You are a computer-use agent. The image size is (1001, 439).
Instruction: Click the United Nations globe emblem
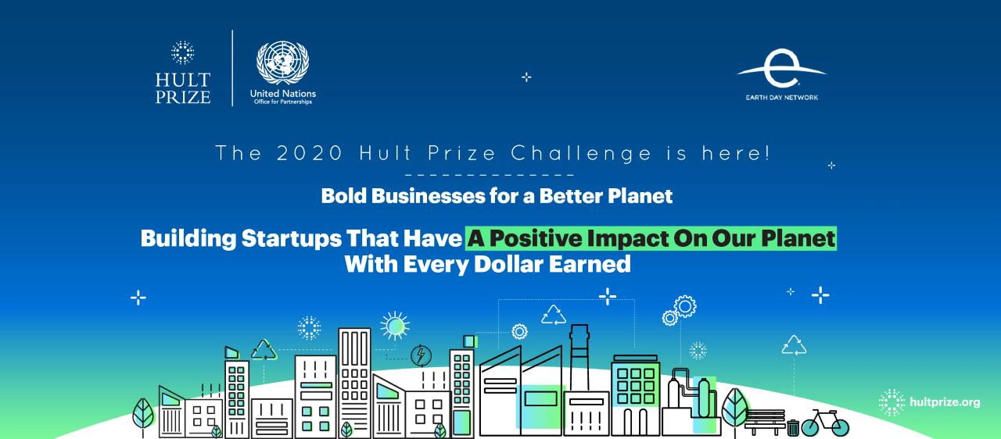282,62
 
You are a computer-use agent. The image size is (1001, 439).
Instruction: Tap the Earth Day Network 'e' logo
780,72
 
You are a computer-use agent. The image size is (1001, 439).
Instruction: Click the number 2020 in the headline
310,153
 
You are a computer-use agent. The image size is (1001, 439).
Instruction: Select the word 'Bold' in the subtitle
345,195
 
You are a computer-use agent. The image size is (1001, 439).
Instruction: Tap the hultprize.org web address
945,402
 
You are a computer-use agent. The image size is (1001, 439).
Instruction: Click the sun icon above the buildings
394,325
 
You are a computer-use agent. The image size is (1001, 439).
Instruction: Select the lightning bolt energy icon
421,356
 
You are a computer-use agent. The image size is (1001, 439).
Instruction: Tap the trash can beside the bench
793,427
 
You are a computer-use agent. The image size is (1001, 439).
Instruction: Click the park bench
765,422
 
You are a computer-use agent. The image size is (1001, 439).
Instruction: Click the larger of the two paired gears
685,305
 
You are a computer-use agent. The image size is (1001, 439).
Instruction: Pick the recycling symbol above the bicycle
795,344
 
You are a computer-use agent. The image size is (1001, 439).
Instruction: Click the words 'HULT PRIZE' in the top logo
182,88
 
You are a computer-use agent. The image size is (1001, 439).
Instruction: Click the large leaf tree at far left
144,413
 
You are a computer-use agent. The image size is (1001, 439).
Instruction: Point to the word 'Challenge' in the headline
582,153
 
